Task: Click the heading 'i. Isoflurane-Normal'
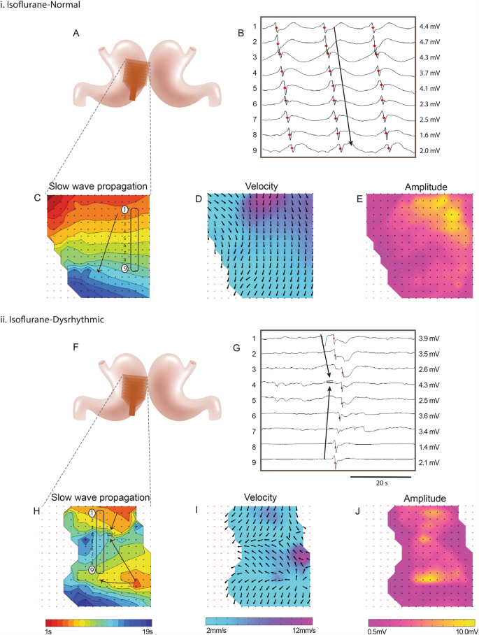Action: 34,5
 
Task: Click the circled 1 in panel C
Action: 124,210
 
